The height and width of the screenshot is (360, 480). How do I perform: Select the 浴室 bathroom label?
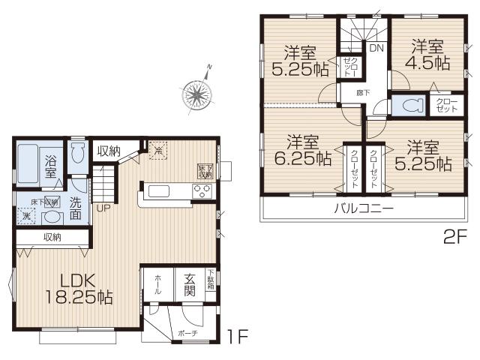52,164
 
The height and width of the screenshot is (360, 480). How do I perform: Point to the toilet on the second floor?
408,106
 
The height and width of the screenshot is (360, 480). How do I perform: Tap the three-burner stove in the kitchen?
203,190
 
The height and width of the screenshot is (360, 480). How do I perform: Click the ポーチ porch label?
187,333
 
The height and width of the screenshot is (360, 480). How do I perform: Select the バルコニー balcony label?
364,208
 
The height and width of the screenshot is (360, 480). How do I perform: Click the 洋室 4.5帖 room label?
424,53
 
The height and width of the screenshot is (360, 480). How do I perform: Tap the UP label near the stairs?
102,208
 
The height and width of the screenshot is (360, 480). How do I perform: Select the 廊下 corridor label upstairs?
362,91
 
